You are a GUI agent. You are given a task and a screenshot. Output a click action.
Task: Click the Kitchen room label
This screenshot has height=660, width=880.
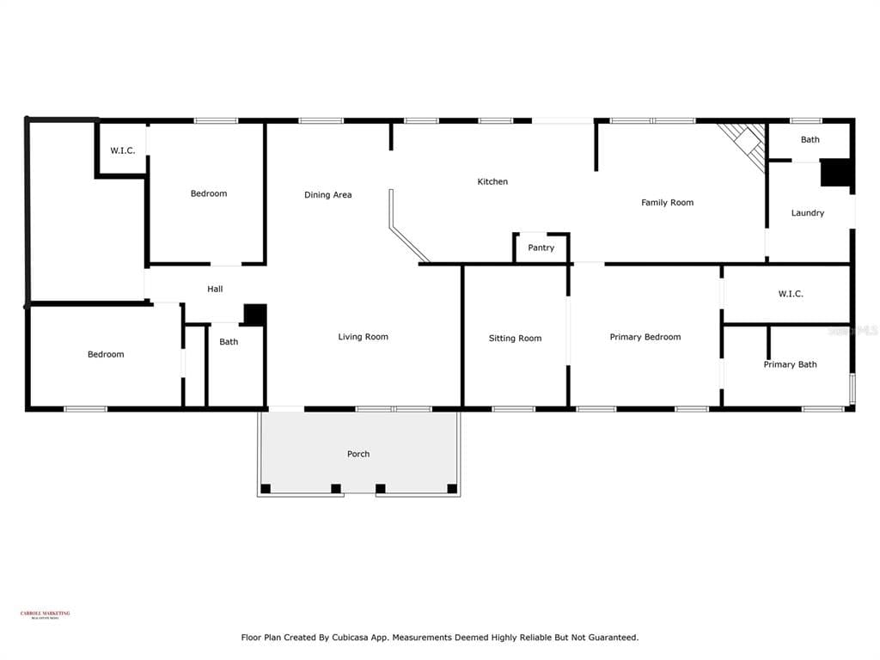pyautogui.click(x=492, y=181)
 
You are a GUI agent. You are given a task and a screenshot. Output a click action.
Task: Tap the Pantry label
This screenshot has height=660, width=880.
pyautogui.click(x=541, y=247)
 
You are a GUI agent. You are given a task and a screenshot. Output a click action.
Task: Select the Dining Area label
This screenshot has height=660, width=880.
pyautogui.click(x=327, y=195)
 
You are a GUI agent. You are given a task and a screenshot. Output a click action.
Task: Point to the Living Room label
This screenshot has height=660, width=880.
pyautogui.click(x=363, y=337)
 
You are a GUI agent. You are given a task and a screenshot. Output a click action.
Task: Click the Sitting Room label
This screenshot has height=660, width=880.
pyautogui.click(x=515, y=338)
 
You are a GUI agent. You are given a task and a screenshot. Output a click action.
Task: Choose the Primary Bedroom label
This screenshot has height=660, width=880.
pyautogui.click(x=645, y=337)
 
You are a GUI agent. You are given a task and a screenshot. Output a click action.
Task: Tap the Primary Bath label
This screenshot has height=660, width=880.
pyautogui.click(x=790, y=364)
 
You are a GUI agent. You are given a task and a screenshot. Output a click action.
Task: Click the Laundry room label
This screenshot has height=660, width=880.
pyautogui.click(x=807, y=213)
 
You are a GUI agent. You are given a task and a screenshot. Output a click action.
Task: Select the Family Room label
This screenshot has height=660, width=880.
pyautogui.click(x=667, y=203)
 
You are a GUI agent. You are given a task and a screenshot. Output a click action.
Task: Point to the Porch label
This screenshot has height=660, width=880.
pyautogui.click(x=358, y=454)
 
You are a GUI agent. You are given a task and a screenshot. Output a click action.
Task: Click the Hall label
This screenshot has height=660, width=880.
pyautogui.click(x=215, y=289)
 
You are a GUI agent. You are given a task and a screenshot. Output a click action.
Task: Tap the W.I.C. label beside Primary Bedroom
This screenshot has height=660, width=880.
pyautogui.click(x=791, y=294)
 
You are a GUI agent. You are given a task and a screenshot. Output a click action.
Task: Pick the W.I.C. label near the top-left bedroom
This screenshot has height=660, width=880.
pyautogui.click(x=122, y=150)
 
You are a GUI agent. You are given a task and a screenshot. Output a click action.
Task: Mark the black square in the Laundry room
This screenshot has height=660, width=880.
pyautogui.click(x=834, y=173)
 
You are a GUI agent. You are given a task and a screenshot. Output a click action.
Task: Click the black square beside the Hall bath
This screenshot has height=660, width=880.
pyautogui.click(x=254, y=315)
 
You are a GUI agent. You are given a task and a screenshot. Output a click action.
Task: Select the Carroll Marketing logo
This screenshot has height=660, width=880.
pyautogui.click(x=45, y=614)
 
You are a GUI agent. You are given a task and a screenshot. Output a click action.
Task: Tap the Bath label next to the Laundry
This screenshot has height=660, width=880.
pyautogui.click(x=810, y=139)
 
